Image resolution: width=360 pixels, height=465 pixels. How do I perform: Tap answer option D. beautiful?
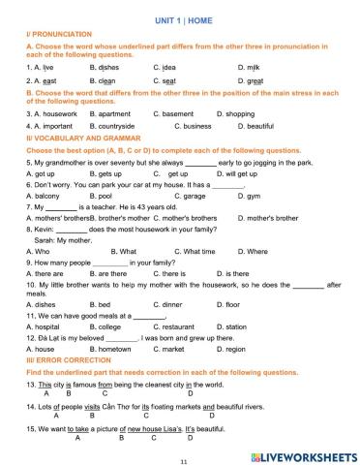coord(256,126)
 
